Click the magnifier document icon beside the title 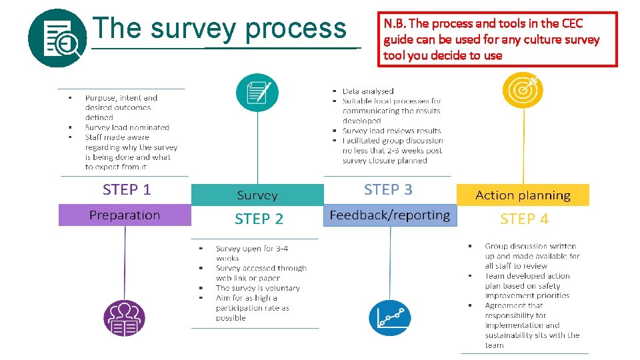57,39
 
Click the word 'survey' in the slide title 193,29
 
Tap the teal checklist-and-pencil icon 257,93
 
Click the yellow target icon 522,90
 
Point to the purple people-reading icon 124,318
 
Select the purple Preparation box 125,215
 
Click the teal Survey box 257,195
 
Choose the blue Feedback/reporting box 389,215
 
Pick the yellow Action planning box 523,195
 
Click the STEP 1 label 127,189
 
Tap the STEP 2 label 259,219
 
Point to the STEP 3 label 388,189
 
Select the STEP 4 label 524,219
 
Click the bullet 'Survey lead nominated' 127,127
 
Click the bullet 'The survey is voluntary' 257,288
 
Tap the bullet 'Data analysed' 368,91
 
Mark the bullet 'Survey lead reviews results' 391,131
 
